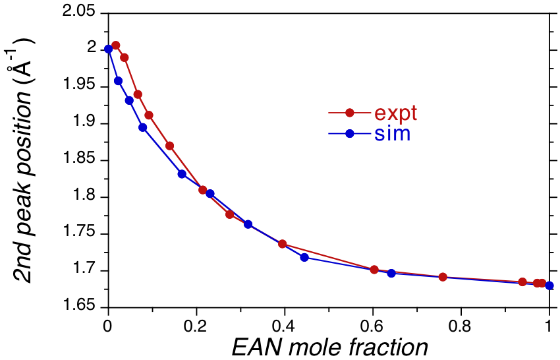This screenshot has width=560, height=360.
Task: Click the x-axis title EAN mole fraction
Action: coord(329,347)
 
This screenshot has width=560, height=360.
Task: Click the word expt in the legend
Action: coord(395,113)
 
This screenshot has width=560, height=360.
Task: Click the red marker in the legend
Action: coord(350,113)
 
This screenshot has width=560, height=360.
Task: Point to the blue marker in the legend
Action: coord(350,134)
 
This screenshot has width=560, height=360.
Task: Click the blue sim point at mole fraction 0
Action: coord(109,49)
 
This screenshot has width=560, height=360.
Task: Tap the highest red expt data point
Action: coord(116,45)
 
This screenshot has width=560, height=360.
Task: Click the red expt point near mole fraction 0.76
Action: coord(443,277)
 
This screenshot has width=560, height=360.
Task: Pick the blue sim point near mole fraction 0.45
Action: coord(304,257)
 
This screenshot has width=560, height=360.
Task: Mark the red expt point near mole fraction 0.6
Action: coord(374,270)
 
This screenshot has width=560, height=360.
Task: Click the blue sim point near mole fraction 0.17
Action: coord(182,174)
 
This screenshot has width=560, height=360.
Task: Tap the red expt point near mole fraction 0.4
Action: coord(283,244)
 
